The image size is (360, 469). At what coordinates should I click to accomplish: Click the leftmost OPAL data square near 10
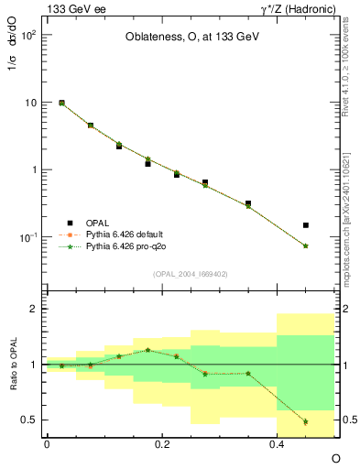[x=61, y=104]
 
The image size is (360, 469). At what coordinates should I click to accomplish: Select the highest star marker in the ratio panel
[x=147, y=350]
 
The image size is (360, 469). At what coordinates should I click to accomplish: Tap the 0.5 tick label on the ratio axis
[x=30, y=420]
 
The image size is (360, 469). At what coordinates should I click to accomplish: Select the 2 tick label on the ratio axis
[x=34, y=309]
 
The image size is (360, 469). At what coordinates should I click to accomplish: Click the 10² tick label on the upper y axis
[x=27, y=35]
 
